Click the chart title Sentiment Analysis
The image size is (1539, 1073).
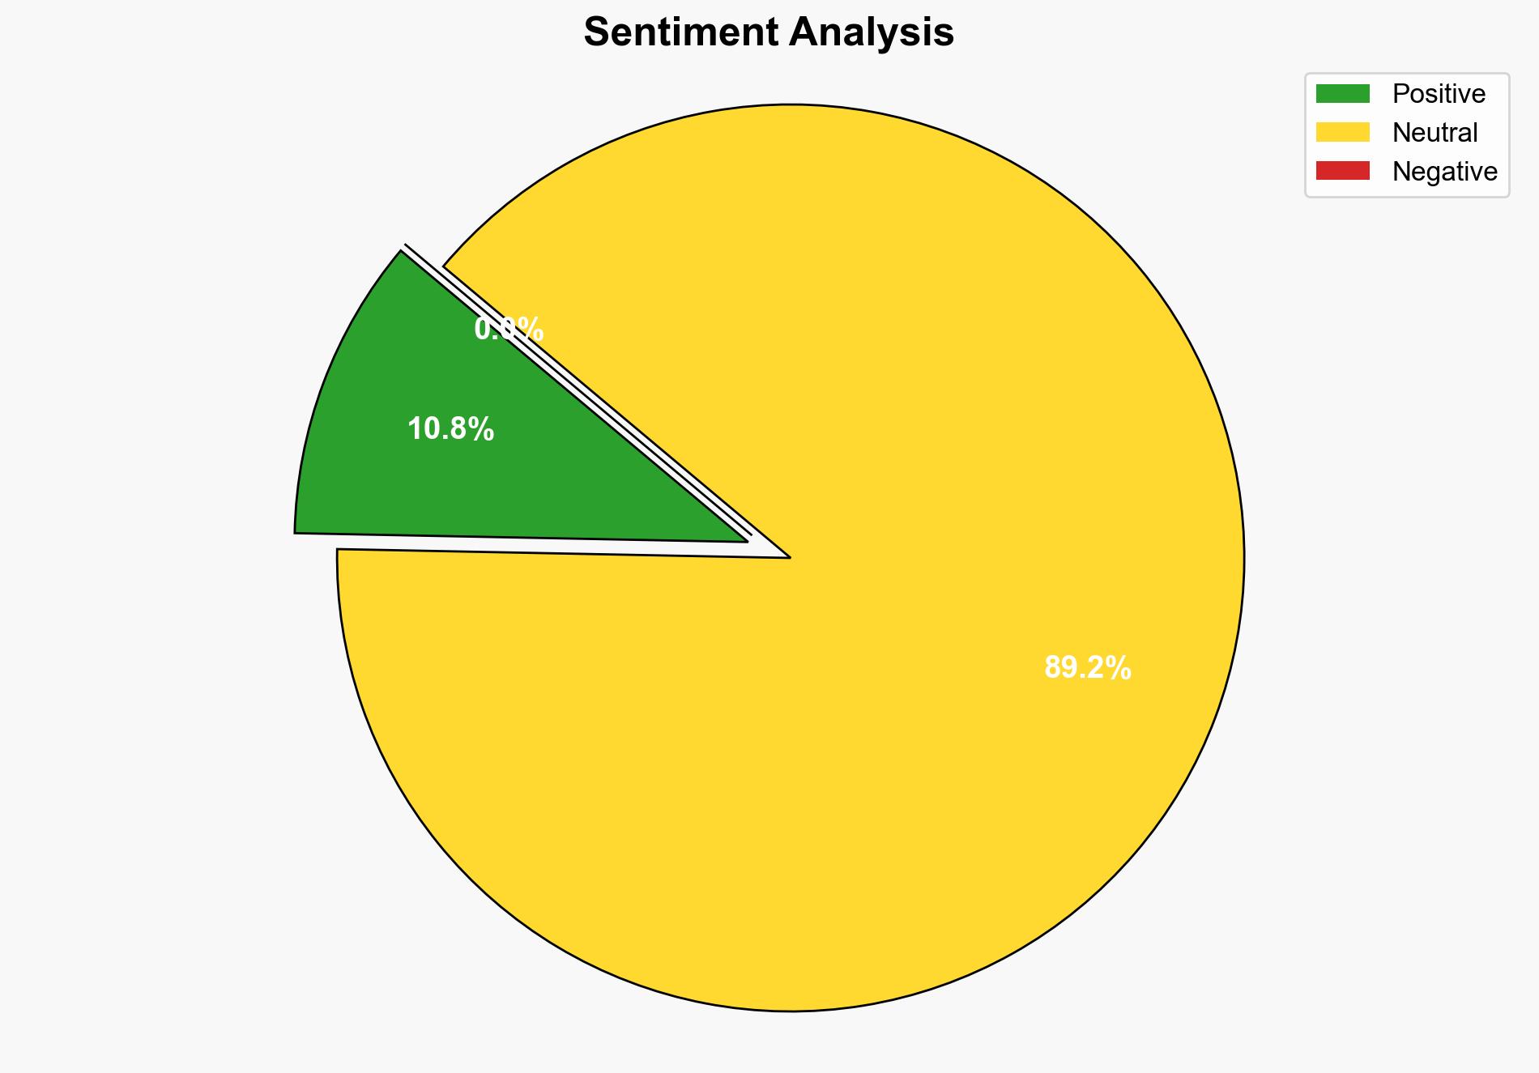[x=769, y=33]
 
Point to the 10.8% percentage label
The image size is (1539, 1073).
[x=450, y=429]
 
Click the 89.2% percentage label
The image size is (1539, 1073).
[x=1087, y=668]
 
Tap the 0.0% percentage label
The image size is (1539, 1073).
[x=509, y=330]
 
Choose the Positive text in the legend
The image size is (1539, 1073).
[x=1439, y=94]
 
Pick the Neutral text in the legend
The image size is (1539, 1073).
[x=1435, y=133]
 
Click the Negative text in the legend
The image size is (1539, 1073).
[x=1444, y=172]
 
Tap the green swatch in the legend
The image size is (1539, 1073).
[x=1342, y=94]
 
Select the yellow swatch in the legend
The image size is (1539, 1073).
[x=1342, y=132]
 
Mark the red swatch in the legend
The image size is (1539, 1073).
[x=1342, y=171]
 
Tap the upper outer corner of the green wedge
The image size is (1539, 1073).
[x=400, y=252]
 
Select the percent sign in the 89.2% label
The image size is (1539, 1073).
[x=1121, y=668]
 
